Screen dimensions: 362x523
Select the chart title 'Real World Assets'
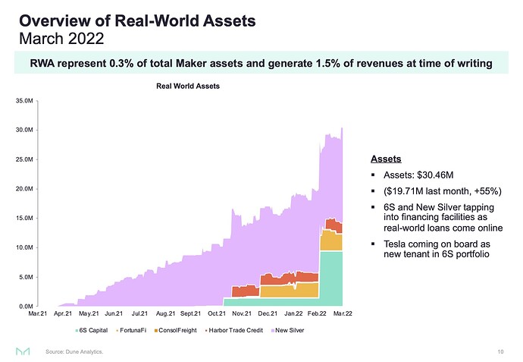[187, 86]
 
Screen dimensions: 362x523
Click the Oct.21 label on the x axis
[217, 313]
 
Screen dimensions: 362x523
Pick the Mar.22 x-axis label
[344, 313]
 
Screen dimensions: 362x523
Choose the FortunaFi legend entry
[136, 331]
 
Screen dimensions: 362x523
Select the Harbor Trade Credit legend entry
[235, 331]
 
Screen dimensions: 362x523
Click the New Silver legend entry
[290, 331]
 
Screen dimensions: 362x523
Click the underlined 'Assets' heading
[386, 159]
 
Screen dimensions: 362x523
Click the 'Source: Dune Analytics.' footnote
[74, 352]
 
